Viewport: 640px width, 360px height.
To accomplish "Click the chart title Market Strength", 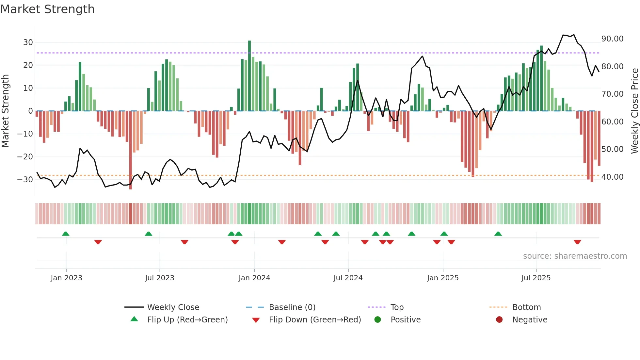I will [x=47, y=9].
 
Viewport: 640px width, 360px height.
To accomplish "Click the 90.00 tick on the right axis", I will [x=612, y=39].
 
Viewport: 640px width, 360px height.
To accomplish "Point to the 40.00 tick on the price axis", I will [x=612, y=177].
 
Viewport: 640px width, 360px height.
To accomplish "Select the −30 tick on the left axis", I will [x=25, y=180].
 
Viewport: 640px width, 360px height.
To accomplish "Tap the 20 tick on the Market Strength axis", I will [x=28, y=65].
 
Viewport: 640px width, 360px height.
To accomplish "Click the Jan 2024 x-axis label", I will [x=254, y=278].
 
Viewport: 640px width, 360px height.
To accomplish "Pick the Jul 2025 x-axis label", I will [x=536, y=278].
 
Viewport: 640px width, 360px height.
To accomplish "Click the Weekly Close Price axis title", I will [x=634, y=111].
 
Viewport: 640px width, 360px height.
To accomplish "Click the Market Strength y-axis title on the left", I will [x=6, y=111].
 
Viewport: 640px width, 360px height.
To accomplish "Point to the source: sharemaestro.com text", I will [x=575, y=256].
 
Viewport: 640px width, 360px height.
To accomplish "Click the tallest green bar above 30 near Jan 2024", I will [x=249, y=75].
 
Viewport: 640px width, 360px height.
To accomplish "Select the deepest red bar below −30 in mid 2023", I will [x=131, y=150].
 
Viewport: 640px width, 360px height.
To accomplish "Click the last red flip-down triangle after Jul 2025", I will [x=577, y=242].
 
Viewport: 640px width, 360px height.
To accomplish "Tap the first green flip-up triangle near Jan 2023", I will [x=66, y=234].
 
